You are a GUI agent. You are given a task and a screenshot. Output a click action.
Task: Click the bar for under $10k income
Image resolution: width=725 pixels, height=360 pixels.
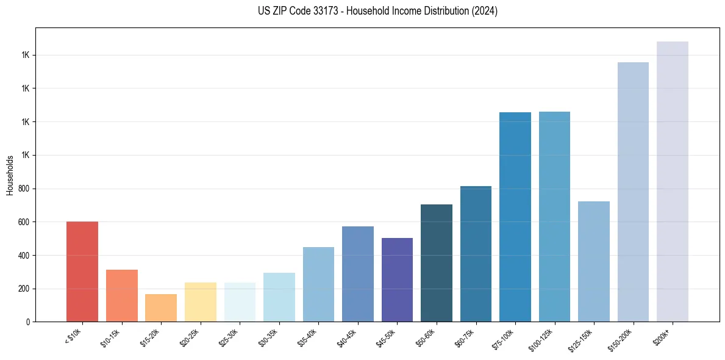coord(82,272)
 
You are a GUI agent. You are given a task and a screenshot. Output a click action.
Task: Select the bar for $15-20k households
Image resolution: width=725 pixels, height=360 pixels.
coord(161,308)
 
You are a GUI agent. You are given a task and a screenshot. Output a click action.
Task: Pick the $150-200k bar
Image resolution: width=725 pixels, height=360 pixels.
coord(633,192)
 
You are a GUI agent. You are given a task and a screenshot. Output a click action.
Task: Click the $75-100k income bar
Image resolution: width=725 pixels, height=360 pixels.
coord(515,217)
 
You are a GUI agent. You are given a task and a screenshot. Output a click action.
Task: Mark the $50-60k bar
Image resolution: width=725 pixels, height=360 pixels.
coord(437,263)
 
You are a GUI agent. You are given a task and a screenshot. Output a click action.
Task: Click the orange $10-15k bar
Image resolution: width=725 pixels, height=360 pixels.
coord(122,296)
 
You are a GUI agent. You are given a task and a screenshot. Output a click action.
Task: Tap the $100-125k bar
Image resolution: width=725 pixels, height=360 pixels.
coord(554,217)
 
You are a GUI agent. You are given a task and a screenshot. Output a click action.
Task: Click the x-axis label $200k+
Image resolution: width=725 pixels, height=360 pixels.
coord(664,335)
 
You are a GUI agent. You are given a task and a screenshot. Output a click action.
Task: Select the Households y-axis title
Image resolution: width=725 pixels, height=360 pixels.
coord(10,175)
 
